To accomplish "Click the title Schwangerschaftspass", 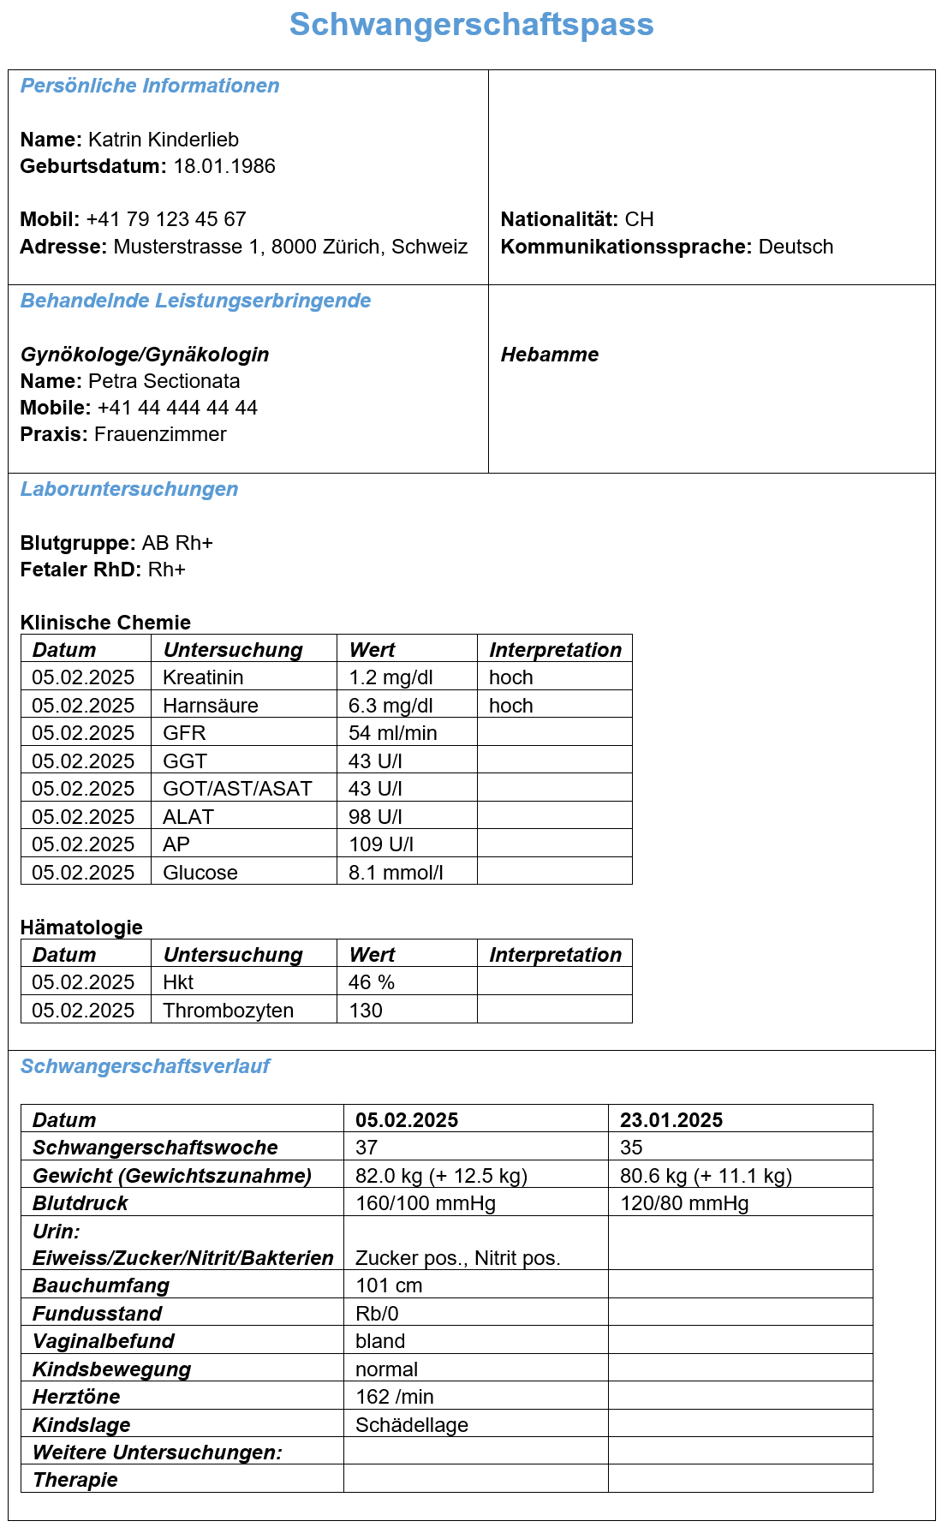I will (x=471, y=25).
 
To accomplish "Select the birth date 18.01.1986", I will (x=224, y=166).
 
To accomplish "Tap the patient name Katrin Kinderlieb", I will (x=164, y=140).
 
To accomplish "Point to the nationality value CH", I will (x=639, y=219).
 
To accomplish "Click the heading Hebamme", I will (x=550, y=355).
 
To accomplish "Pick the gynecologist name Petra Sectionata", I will (x=164, y=381).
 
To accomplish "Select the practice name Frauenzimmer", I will (x=160, y=434).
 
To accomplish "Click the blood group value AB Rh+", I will (x=177, y=543).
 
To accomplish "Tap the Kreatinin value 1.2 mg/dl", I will (x=391, y=677).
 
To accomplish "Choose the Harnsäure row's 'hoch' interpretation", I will (x=511, y=706).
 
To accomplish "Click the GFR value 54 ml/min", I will (x=393, y=733).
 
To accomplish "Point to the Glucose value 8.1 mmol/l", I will (x=396, y=873).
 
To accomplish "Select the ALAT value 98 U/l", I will (x=375, y=817).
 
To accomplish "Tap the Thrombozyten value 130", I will (x=366, y=1011).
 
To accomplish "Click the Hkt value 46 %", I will (x=372, y=982).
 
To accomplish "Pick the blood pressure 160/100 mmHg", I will (x=426, y=1203).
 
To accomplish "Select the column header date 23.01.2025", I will (x=671, y=1120).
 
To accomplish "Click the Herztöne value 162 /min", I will (x=395, y=1397).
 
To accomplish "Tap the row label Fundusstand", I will (x=97, y=1314).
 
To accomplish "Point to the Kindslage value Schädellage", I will (x=412, y=1425).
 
